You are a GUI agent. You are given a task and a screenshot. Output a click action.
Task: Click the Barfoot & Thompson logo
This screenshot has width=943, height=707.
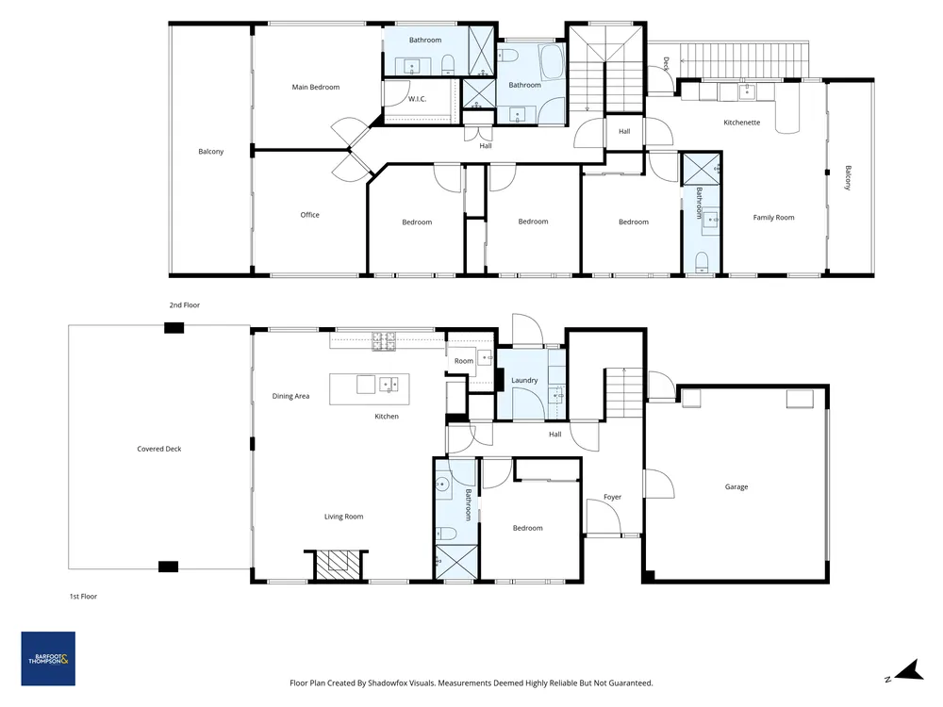48,658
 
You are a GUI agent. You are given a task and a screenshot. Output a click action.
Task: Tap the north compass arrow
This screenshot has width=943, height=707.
908,670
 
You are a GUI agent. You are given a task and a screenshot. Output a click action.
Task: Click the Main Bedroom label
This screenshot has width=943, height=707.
316,87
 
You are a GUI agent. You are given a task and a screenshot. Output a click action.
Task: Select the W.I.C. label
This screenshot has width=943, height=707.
418,99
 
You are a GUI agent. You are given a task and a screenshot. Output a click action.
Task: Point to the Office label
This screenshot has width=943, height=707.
309,215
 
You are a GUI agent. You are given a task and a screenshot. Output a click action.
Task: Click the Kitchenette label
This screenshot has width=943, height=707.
741,122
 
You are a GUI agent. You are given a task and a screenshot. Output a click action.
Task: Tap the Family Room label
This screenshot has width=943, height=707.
773,218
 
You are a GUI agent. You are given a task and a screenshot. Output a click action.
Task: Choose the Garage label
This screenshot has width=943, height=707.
736,487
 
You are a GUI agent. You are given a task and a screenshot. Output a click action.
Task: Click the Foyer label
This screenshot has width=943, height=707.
612,497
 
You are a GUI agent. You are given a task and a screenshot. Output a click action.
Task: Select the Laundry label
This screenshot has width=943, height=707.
524,381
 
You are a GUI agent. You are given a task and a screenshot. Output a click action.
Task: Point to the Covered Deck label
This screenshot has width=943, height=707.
158,449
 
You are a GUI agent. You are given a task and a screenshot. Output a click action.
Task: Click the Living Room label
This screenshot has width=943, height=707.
343,517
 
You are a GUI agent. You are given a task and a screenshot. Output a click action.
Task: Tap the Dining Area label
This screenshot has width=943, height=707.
290,396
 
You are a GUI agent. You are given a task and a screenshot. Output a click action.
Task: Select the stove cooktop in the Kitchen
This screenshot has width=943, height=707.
385,341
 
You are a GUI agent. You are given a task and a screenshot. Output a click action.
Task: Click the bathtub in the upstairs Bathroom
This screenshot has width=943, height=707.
552,62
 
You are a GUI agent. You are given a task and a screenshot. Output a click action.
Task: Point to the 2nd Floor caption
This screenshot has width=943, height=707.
185,304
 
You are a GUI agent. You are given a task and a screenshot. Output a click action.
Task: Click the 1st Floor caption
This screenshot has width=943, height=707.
83,597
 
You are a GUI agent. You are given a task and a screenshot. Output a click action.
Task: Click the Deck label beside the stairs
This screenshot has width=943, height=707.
666,64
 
